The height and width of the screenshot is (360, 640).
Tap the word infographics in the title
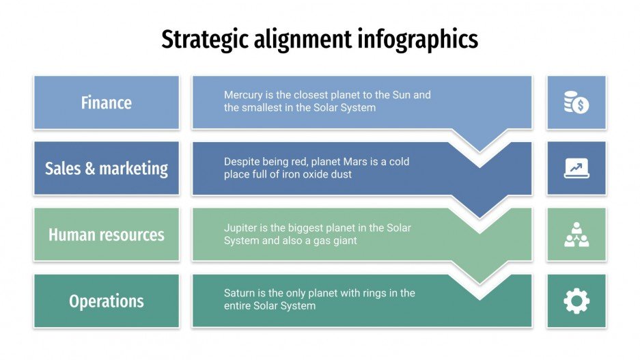[417, 40]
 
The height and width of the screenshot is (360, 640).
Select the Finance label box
[107, 102]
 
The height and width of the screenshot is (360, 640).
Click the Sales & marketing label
[107, 168]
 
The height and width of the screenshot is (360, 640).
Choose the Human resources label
[107, 235]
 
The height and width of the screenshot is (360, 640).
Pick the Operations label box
[107, 301]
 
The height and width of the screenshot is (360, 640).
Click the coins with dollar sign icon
[576, 102]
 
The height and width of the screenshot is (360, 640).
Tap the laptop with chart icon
[576, 168]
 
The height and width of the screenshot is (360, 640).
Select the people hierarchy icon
[576, 235]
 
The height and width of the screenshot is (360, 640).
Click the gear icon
[576, 301]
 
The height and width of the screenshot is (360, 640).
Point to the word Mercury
[244, 95]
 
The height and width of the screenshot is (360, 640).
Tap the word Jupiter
[241, 227]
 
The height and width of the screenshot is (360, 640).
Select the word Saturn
[240, 293]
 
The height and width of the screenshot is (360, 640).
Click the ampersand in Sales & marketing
[90, 169]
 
